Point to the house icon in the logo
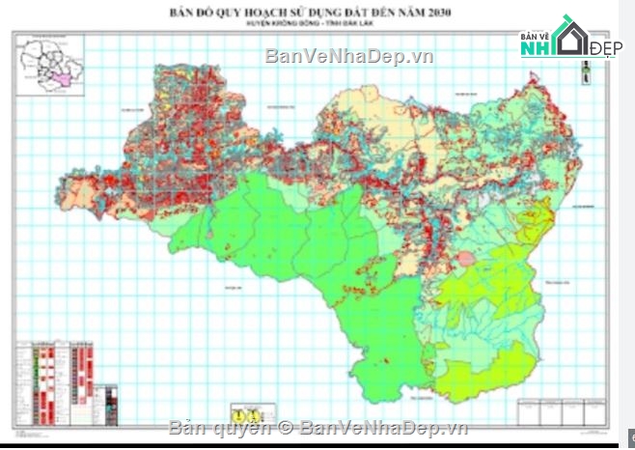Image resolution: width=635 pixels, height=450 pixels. click(569, 36)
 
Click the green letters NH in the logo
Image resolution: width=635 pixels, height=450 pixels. click(537, 48)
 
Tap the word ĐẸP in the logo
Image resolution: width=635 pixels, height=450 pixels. click(605, 49)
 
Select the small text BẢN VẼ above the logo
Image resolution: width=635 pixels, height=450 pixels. click(535, 36)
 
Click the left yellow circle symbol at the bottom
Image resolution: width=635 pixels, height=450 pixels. click(235, 408)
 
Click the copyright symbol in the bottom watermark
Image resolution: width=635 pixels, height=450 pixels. click(286, 428)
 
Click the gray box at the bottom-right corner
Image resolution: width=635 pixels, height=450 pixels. click(629, 436)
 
